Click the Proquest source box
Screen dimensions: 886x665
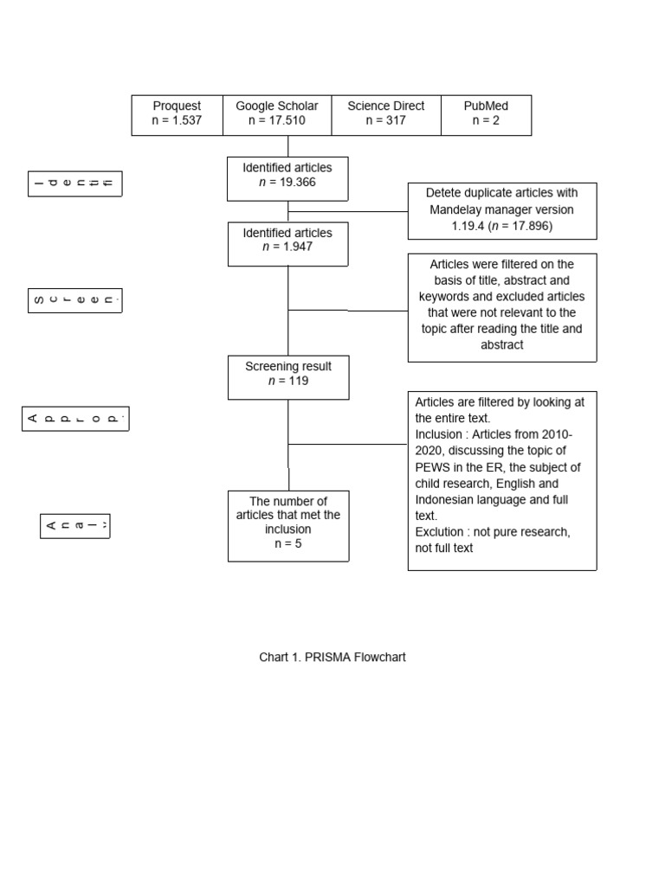(177, 114)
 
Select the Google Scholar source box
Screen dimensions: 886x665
(277, 114)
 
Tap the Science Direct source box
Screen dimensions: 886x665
(386, 114)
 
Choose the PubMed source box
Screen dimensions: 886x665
(486, 114)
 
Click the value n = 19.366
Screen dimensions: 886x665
(287, 182)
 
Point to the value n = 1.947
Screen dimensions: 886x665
(287, 247)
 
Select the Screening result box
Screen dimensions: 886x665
(288, 376)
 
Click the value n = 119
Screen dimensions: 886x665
(288, 381)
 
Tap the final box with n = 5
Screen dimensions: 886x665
(288, 525)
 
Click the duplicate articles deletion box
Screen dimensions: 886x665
(502, 210)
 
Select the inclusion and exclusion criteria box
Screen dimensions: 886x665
(502, 480)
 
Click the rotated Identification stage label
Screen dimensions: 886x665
(75, 183)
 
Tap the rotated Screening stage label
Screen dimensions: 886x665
(75, 300)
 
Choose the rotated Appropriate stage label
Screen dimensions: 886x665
(75, 419)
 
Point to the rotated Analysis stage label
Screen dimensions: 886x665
(75, 525)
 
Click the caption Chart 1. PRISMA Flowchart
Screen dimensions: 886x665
(332, 657)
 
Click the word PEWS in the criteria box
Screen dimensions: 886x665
(432, 467)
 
